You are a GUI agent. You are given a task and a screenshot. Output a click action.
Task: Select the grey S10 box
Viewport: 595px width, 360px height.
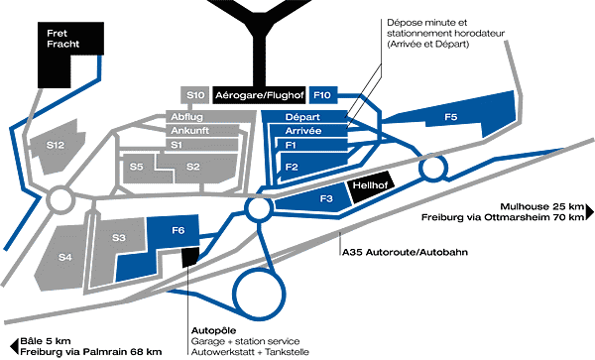click(x=195, y=95)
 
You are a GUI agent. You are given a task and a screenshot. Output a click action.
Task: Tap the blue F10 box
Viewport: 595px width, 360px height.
click(x=323, y=95)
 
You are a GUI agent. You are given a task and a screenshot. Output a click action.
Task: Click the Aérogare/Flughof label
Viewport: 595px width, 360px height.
click(x=260, y=95)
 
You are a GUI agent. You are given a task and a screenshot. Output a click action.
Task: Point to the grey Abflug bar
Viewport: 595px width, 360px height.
click(x=210, y=117)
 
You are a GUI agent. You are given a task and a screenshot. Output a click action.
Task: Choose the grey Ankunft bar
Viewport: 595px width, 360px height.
click(x=203, y=131)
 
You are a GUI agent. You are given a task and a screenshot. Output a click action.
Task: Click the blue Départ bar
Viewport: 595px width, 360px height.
click(x=304, y=117)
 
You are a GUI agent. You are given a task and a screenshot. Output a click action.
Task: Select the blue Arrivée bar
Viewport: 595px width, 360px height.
click(x=307, y=131)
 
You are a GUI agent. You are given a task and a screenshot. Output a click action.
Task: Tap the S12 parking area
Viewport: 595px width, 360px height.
click(x=57, y=146)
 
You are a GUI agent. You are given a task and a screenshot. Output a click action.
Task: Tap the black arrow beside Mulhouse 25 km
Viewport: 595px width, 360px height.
click(x=590, y=211)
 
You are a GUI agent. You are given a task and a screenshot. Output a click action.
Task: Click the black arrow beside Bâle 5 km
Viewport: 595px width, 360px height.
click(x=14, y=346)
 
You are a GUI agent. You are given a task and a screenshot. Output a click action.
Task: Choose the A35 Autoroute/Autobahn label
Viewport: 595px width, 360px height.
click(x=405, y=252)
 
